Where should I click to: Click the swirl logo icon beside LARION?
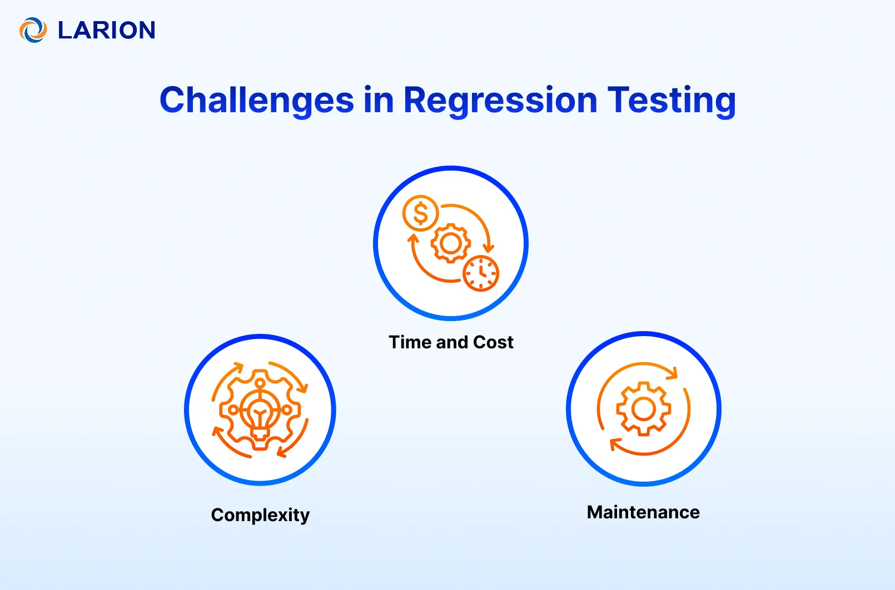tap(33, 30)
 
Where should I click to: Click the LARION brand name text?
tap(107, 30)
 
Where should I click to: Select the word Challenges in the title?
tap(256, 101)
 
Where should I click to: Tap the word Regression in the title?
tap(500, 101)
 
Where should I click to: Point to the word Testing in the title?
tap(672, 101)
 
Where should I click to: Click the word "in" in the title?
tap(379, 101)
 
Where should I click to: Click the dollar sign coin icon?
tap(421, 213)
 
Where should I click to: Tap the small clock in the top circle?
tap(481, 273)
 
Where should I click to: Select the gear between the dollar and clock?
tap(451, 243)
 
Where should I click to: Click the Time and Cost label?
tap(451, 342)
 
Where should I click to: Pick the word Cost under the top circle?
tap(493, 342)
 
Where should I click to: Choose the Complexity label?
tap(260, 515)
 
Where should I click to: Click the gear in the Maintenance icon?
tap(644, 409)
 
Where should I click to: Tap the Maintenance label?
tap(643, 512)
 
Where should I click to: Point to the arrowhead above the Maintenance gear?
tap(674, 372)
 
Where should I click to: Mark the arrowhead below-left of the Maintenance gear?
tap(614, 444)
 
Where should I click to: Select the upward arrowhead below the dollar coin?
tap(413, 239)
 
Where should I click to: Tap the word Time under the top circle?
tap(410, 342)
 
